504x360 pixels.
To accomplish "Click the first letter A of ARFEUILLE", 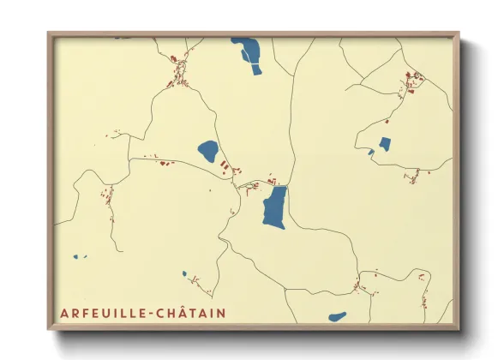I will [64, 313].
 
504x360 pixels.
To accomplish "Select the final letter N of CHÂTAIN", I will [221, 313].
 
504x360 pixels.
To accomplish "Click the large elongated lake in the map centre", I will [274, 207].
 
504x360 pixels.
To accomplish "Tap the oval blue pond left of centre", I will [208, 152].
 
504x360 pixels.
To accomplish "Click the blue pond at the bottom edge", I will [337, 316].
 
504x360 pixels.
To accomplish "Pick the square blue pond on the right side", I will [385, 144].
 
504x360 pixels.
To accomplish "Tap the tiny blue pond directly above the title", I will [184, 274].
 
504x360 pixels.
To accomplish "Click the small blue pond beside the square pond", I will [371, 153].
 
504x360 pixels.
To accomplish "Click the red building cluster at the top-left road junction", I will [178, 63].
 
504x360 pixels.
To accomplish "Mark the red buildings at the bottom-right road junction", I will [357, 285].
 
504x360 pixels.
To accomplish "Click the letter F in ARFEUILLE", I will [83, 313].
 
